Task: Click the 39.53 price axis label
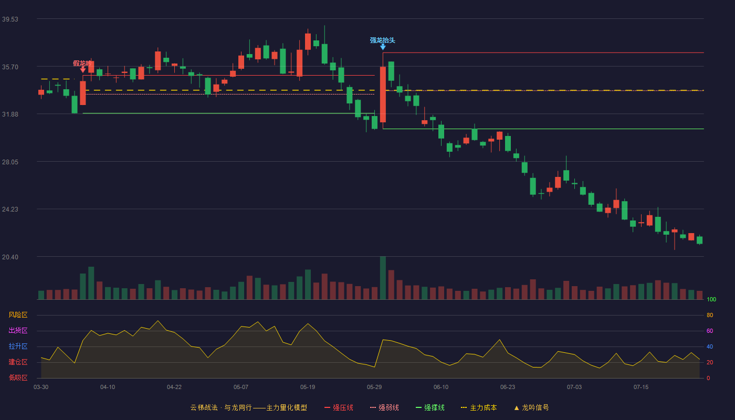pyautogui.click(x=10, y=19)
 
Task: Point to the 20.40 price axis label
pyautogui.click(x=10, y=257)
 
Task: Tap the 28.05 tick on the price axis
pyautogui.click(x=10, y=162)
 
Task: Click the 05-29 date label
pyautogui.click(x=374, y=387)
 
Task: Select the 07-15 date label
pyautogui.click(x=641, y=387)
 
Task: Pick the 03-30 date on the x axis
pyautogui.click(x=41, y=387)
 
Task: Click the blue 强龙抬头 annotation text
pyautogui.click(x=383, y=40)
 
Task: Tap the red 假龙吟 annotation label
pyautogui.click(x=82, y=63)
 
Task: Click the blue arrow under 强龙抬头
pyautogui.click(x=383, y=47)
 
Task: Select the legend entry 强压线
pyautogui.click(x=339, y=407)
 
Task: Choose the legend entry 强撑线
pyautogui.click(x=430, y=407)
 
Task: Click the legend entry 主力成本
pyautogui.click(x=479, y=407)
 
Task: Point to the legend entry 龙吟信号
pyautogui.click(x=531, y=407)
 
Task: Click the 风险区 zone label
pyautogui.click(x=18, y=315)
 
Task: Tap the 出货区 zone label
pyautogui.click(x=18, y=330)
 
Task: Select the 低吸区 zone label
pyautogui.click(x=18, y=377)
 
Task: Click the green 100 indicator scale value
pyautogui.click(x=711, y=299)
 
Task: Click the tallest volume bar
pyautogui.click(x=383, y=278)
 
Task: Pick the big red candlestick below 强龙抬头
pyautogui.click(x=383, y=94)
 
